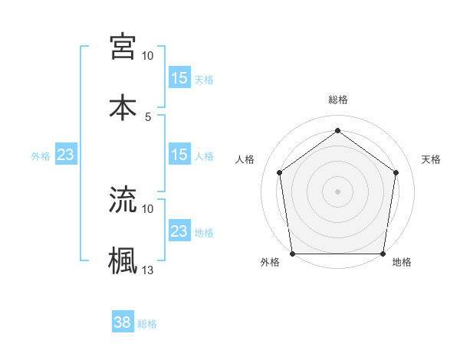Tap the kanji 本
(123, 106)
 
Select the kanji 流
(123, 199)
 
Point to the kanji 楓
(123, 260)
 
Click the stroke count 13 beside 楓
(147, 270)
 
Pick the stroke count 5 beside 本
(148, 116)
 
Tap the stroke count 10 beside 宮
(147, 56)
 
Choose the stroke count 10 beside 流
(147, 208)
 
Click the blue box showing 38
(123, 322)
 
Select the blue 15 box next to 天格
(179, 77)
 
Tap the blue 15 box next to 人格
(179, 155)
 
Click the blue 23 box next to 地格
(179, 231)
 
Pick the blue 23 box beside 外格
(66, 155)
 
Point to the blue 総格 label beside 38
(147, 324)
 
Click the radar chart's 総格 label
(338, 100)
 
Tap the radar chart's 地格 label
(402, 263)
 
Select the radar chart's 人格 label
(245, 159)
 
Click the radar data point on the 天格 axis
(396, 172)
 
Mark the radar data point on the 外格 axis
(293, 254)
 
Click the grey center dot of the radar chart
(337, 191)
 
